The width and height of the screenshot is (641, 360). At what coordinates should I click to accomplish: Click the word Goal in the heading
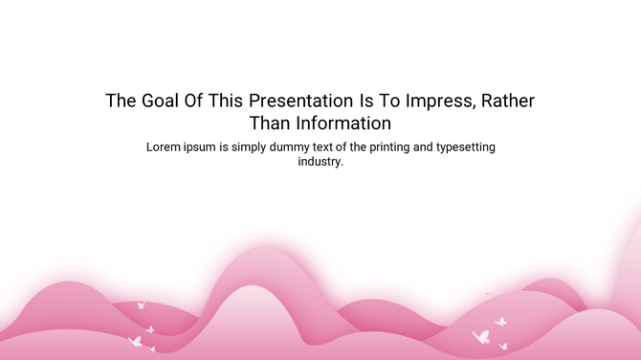[x=160, y=101]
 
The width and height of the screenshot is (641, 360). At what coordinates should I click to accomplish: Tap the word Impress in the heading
[x=435, y=101]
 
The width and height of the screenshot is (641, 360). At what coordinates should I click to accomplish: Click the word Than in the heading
[x=269, y=124]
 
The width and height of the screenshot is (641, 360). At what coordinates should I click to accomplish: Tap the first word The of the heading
[x=121, y=101]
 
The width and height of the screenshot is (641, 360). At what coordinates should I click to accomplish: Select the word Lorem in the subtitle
[x=164, y=147]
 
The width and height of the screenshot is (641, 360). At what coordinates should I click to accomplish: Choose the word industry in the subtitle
[x=320, y=163]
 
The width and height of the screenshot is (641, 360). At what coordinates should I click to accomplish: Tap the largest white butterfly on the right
[x=480, y=337]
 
